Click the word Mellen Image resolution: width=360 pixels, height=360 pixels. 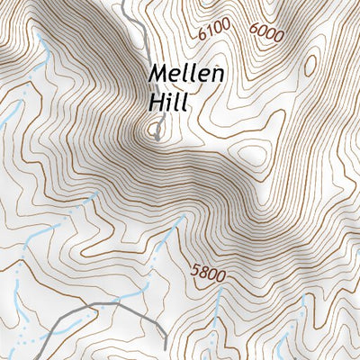click(x=186, y=74)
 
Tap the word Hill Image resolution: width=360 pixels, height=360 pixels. click(x=169, y=103)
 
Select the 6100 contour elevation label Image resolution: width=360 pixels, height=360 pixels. click(x=214, y=31)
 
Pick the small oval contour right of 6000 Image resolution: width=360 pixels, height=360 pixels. click(x=310, y=66)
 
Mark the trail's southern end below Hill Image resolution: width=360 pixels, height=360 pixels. click(x=157, y=138)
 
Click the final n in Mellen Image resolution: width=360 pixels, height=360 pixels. click(x=217, y=75)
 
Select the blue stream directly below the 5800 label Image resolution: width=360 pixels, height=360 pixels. click(x=216, y=310)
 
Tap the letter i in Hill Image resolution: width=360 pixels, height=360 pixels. click(x=171, y=103)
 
